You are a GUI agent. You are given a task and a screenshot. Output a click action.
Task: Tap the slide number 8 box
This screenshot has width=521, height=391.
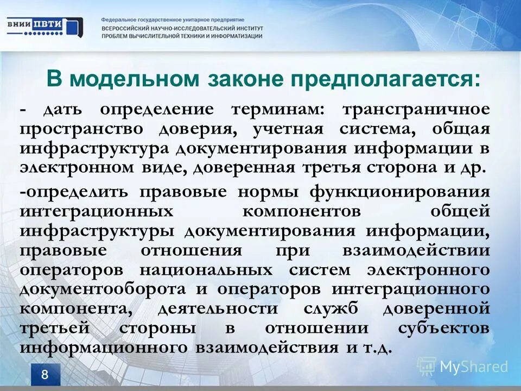[45, 374]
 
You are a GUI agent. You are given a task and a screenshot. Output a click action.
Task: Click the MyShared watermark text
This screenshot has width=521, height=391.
[473, 367]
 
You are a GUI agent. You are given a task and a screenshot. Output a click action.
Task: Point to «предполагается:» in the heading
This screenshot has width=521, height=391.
[385, 79]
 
